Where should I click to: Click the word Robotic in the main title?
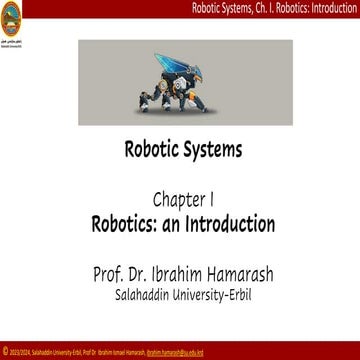point(151,153)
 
